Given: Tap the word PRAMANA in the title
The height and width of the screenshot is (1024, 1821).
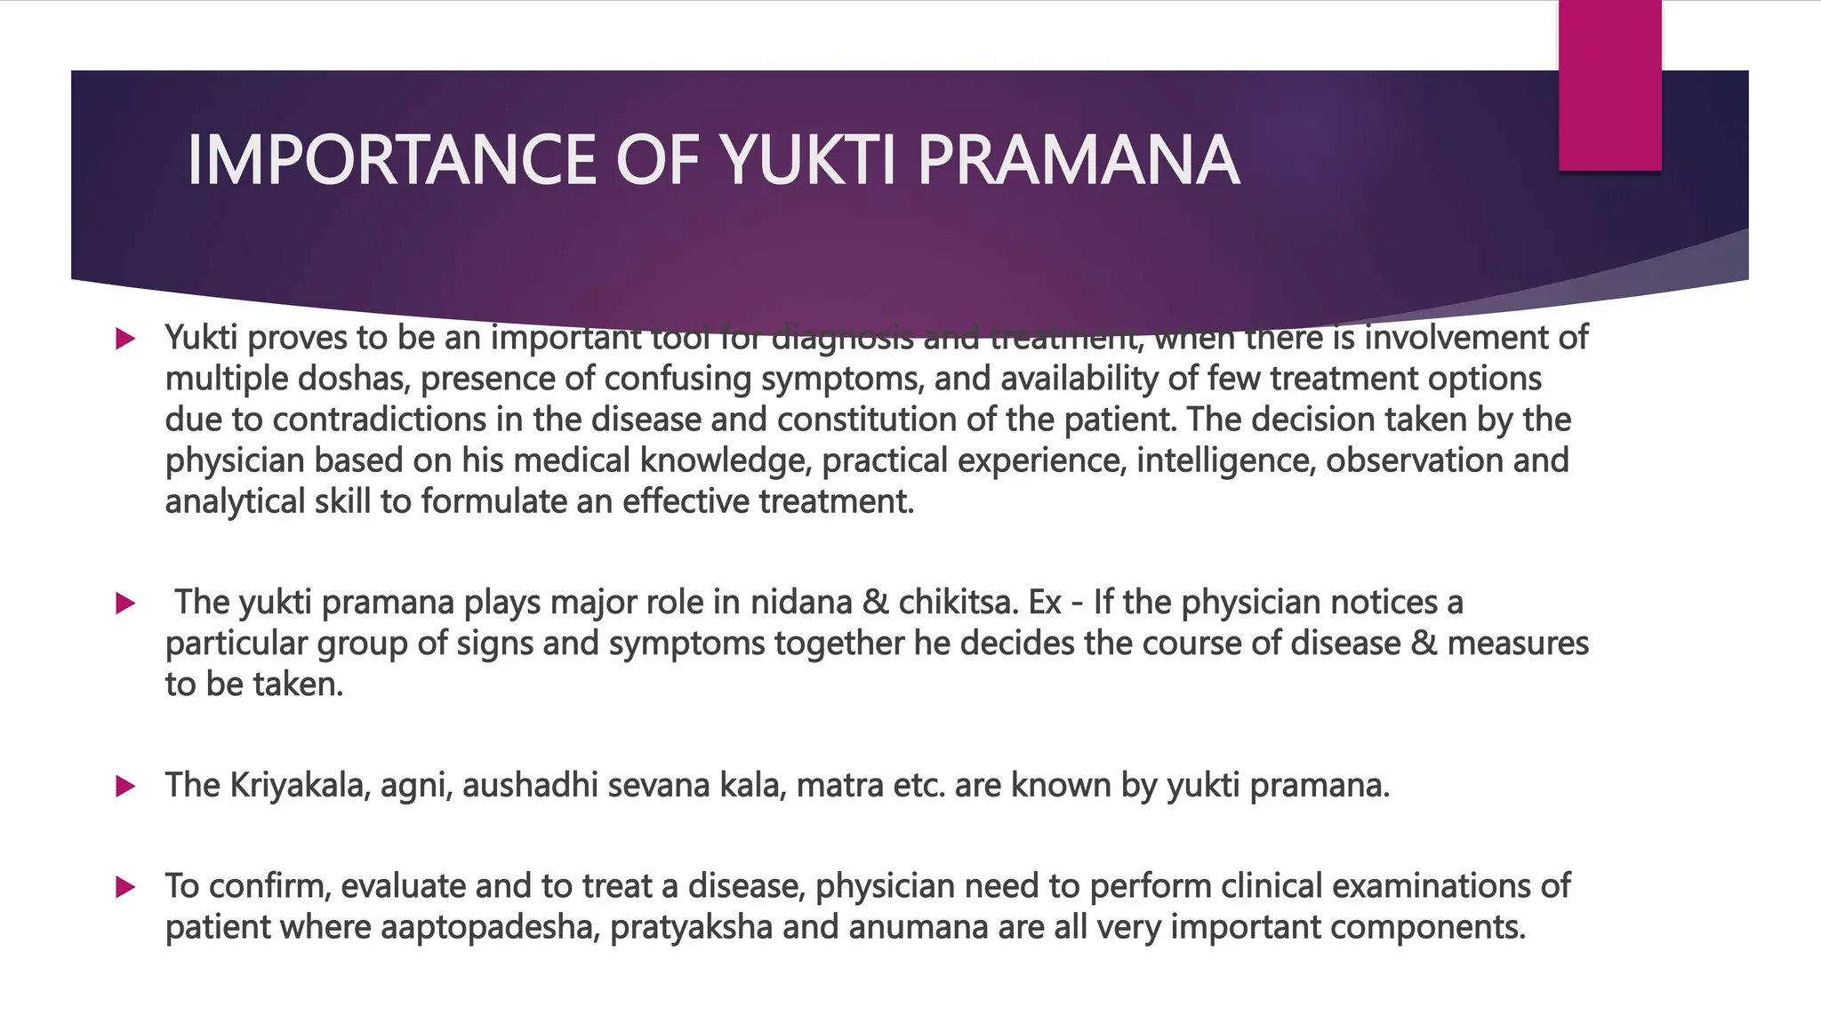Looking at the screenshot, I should click(x=1078, y=160).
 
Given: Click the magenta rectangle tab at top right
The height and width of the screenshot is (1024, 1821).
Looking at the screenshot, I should click(x=1609, y=84).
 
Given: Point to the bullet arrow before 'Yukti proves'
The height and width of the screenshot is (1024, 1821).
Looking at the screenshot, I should click(x=125, y=339).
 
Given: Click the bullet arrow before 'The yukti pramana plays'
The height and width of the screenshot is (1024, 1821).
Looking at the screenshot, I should click(x=125, y=604).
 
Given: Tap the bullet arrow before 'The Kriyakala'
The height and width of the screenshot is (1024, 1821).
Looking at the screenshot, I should click(x=125, y=787).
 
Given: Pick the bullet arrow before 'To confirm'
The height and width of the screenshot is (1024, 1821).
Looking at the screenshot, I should click(x=125, y=887).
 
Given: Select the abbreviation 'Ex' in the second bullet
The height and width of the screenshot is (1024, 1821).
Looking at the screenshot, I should click(x=1045, y=604).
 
